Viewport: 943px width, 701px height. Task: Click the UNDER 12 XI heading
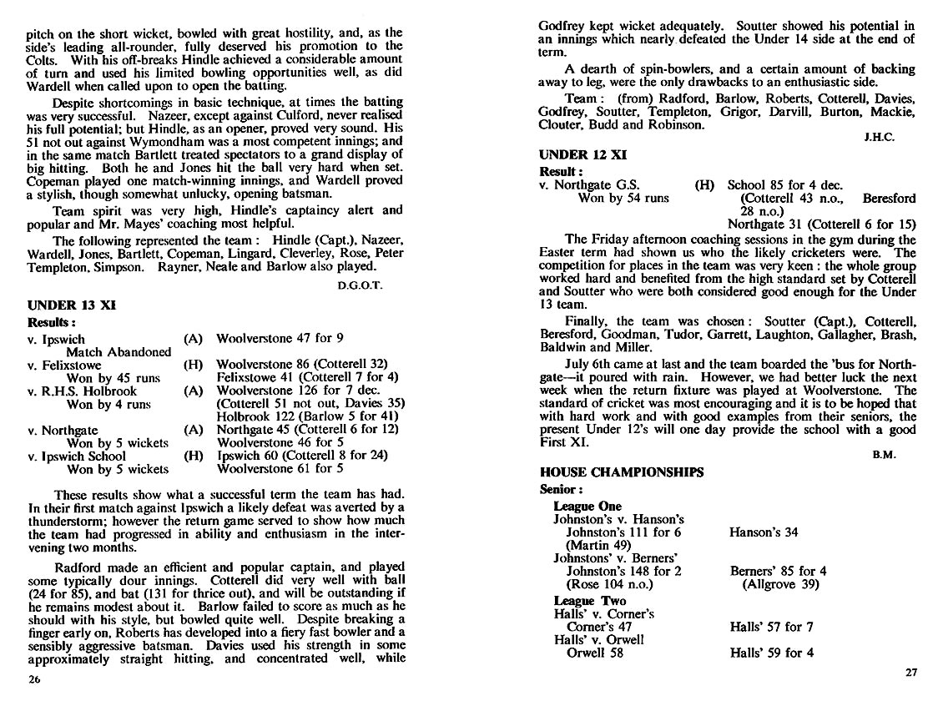pos(583,155)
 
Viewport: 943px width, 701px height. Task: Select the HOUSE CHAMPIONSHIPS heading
pos(622,472)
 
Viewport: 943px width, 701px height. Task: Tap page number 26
pos(34,678)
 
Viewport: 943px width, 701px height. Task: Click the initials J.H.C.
pos(879,138)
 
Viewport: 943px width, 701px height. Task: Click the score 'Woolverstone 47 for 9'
pos(280,339)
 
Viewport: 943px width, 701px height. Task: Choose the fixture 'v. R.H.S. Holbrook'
pos(82,391)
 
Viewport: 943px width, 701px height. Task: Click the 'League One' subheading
pos(587,506)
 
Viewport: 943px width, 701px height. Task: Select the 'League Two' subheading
pos(589,601)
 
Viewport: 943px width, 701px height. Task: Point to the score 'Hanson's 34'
pos(764,532)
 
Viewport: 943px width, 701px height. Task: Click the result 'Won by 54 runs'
pos(623,199)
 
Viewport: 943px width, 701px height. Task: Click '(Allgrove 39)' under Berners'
pos(780,584)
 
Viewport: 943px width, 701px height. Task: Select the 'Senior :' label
pos(562,490)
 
